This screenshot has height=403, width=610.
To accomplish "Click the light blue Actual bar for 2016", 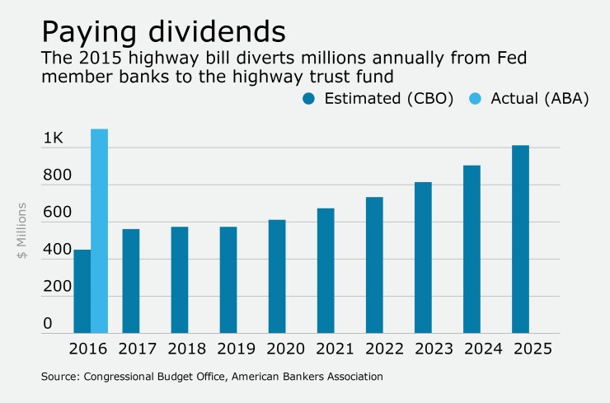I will click(99, 231).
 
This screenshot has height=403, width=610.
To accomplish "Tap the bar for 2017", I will click(131, 281).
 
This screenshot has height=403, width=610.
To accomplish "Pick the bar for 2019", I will click(228, 279).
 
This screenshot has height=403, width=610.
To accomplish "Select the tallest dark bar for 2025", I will click(520, 239).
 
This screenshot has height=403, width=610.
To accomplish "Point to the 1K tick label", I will click(53, 138).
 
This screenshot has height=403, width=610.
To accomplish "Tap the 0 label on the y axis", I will click(48, 324).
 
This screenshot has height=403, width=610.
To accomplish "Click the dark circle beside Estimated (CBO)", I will click(311, 98).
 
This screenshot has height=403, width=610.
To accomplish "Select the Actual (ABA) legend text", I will click(540, 99).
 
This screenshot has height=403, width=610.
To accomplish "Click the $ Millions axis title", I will click(23, 231).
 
